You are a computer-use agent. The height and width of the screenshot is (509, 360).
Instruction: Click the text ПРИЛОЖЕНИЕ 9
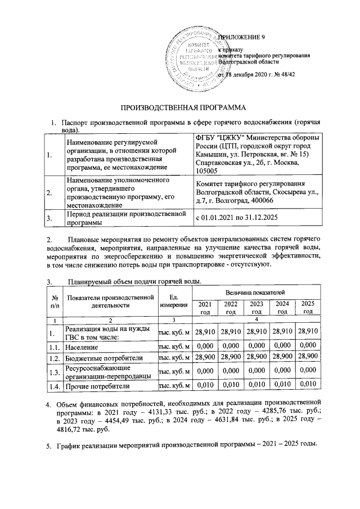[x=241, y=37]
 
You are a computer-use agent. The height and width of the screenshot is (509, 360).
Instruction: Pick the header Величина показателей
[x=256, y=292]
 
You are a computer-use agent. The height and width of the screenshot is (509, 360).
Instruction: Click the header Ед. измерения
[x=174, y=301]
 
